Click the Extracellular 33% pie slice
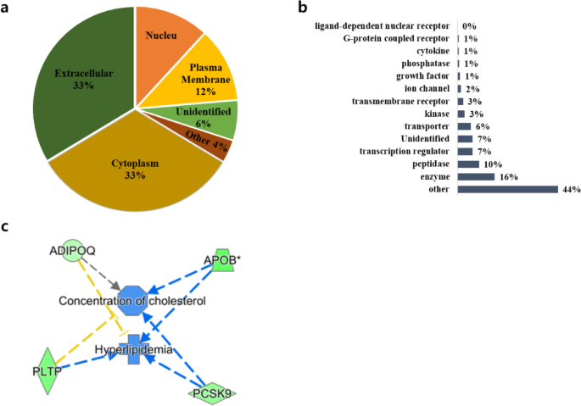81,81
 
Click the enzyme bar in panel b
476,176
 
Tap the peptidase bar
468,164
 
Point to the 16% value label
508,176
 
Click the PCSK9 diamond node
211,392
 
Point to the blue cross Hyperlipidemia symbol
133,349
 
